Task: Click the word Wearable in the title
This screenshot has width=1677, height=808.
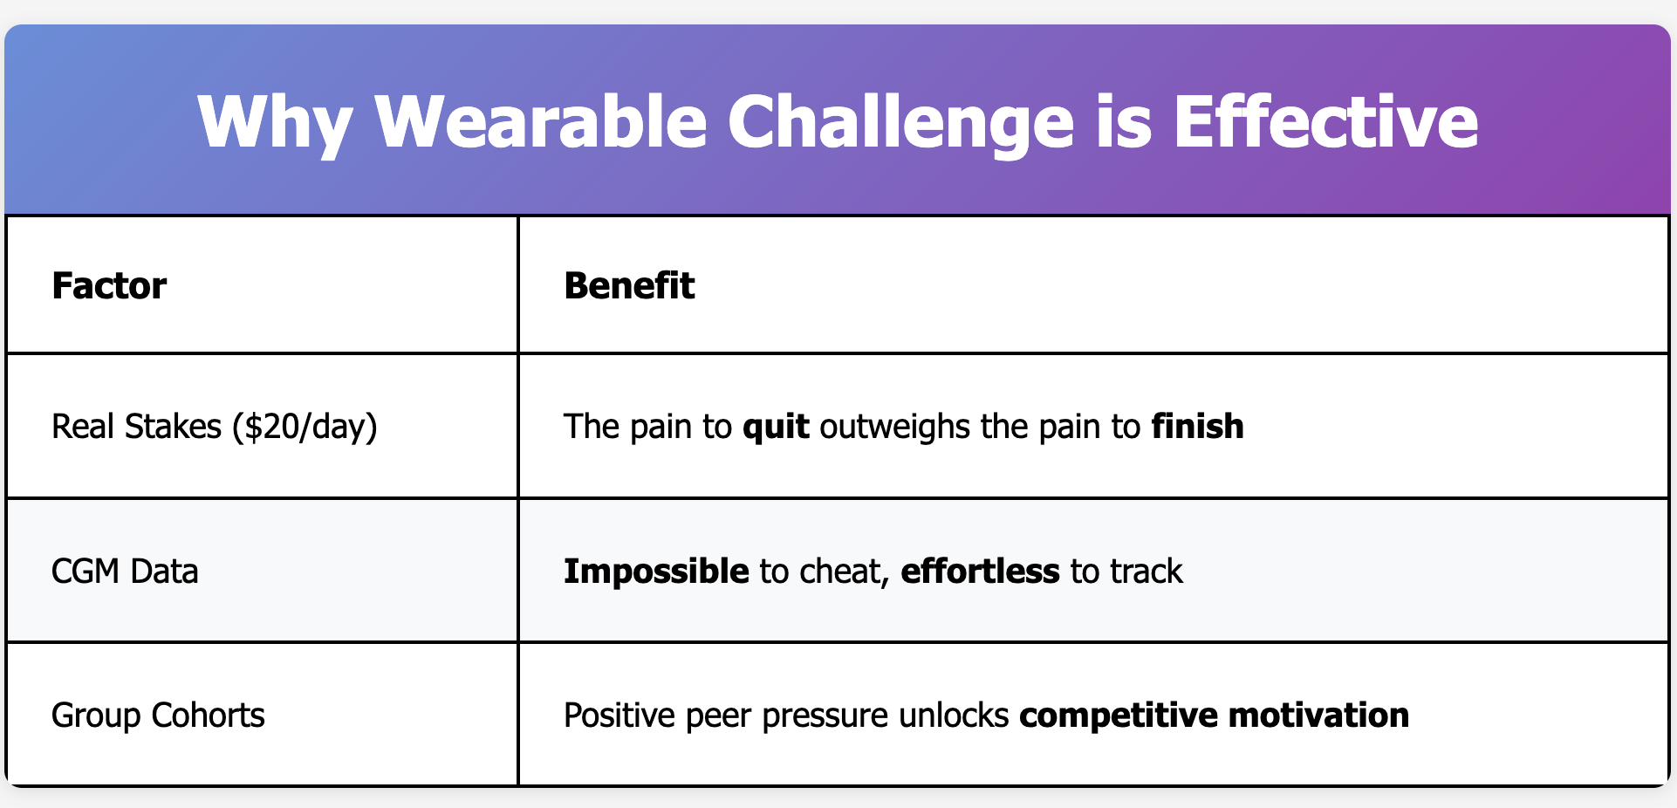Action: click(540, 121)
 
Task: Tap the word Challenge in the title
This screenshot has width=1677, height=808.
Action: click(900, 123)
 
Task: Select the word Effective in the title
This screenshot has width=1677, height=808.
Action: click(1325, 121)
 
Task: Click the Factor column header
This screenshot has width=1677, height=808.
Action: click(109, 285)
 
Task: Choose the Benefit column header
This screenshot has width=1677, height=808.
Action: click(629, 285)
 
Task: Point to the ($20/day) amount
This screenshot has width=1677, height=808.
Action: click(305, 427)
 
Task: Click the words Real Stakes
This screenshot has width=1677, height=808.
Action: click(137, 426)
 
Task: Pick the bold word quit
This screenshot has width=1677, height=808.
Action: click(776, 427)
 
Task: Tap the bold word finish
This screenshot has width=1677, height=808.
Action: click(1197, 426)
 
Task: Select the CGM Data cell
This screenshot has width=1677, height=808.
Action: click(126, 571)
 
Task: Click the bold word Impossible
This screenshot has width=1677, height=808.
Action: click(656, 572)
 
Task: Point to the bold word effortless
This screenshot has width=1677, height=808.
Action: click(980, 571)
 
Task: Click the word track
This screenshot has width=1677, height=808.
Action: click(1147, 571)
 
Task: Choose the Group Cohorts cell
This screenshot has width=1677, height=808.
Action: click(158, 716)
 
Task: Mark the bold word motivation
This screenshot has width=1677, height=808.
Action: click(1318, 715)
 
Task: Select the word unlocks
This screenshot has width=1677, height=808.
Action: click(954, 715)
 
